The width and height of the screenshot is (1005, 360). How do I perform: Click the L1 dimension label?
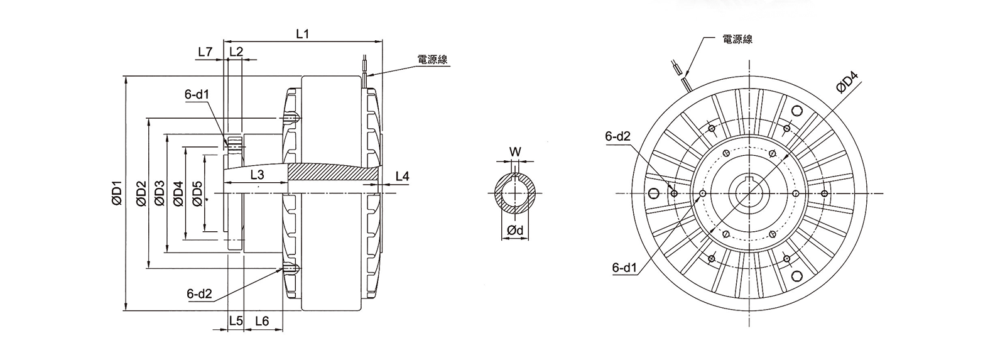[303, 34]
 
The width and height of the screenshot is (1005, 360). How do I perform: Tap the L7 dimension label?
[205, 52]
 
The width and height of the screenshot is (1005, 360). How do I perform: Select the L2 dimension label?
[236, 52]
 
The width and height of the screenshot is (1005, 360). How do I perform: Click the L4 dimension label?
[403, 177]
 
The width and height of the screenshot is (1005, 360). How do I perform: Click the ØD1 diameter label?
[117, 193]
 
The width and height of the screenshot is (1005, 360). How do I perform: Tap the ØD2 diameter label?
[141, 193]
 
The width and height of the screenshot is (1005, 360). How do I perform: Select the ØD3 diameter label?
[160, 193]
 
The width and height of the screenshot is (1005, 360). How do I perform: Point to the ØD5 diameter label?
[197, 193]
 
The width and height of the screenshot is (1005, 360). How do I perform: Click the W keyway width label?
[516, 151]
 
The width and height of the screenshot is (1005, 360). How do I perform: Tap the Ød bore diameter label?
[515, 231]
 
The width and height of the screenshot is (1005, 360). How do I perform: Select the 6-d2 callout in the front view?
[618, 136]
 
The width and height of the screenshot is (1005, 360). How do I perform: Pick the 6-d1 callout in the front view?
[625, 268]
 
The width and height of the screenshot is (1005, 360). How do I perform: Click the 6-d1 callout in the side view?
[197, 94]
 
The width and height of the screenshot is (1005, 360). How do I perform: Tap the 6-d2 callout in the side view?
[200, 294]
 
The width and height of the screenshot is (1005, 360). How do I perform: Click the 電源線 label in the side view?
[432, 59]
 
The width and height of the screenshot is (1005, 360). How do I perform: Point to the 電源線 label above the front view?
[737, 39]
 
